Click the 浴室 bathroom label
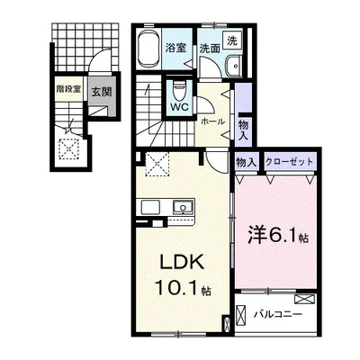176,48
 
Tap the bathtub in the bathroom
148,49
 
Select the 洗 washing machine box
232,40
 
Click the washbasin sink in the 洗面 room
233,66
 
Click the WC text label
179,107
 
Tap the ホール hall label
212,121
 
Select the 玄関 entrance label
102,92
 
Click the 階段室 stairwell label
68,89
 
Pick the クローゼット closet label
289,162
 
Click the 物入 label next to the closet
247,163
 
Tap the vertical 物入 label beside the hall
244,130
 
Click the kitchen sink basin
182,207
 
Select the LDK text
182,263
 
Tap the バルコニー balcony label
277,315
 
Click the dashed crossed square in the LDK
157,164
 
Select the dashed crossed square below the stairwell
69,149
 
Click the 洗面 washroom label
210,49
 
